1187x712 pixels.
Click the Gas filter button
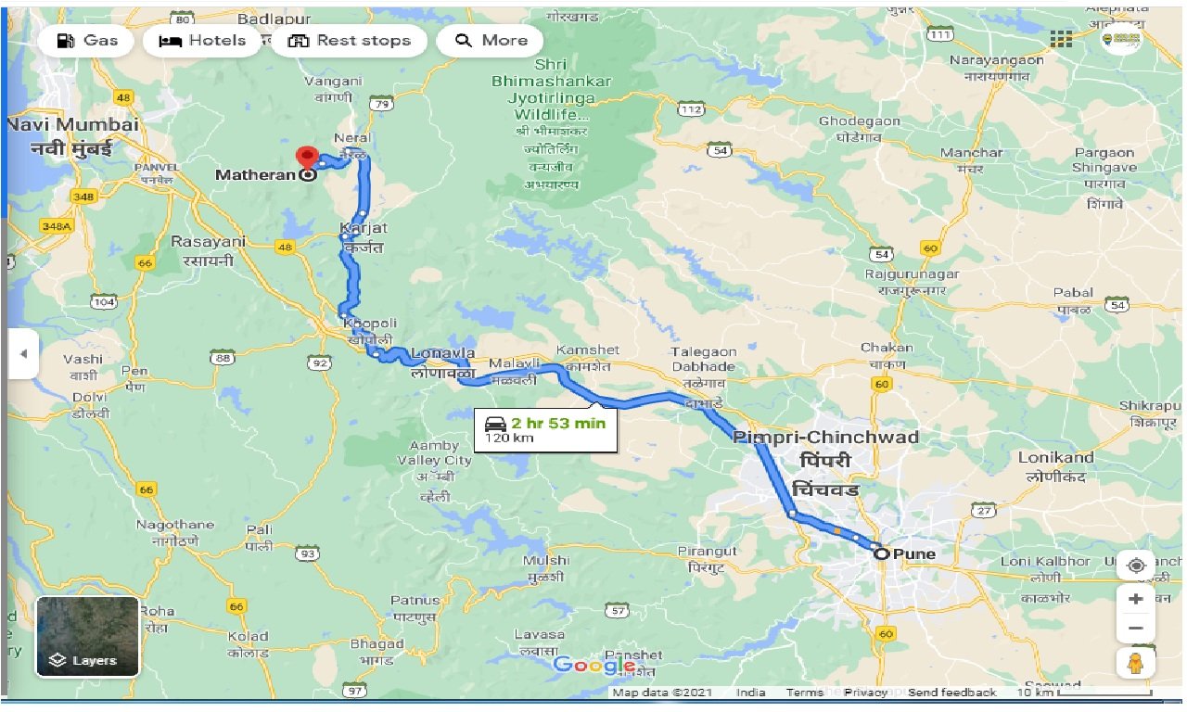click(87, 41)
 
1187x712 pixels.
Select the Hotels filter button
click(202, 41)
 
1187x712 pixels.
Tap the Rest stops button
click(349, 41)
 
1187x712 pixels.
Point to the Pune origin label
click(913, 554)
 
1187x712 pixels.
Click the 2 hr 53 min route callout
click(545, 429)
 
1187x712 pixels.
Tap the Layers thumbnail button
click(87, 636)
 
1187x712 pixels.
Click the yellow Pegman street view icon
click(1136, 664)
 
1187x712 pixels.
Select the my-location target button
click(1136, 565)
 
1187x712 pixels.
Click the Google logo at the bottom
click(593, 665)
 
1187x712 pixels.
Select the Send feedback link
click(951, 693)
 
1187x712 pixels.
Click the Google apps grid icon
click(1061, 39)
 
